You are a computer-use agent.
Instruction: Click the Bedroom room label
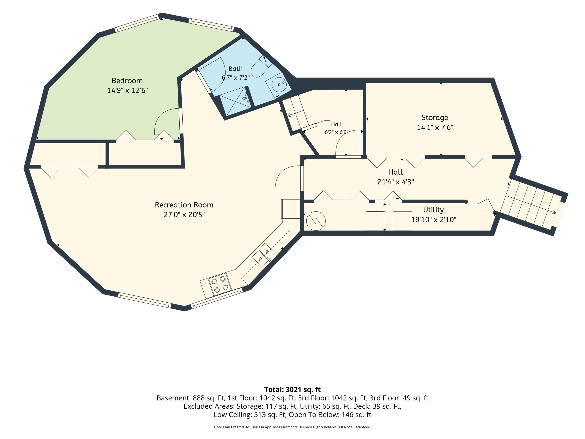click(127, 81)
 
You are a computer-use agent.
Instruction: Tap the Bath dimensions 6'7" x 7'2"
click(236, 78)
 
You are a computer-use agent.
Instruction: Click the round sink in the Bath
click(279, 84)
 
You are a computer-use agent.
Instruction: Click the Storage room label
click(435, 118)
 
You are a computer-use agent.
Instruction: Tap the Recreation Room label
click(184, 205)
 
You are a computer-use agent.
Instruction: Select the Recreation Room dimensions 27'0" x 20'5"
click(184, 215)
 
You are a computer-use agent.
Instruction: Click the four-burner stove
click(220, 284)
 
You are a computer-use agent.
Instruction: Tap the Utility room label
click(433, 210)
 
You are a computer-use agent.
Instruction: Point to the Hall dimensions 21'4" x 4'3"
click(396, 182)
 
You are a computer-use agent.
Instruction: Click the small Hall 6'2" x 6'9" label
click(336, 128)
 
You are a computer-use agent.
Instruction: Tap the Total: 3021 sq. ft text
click(292, 389)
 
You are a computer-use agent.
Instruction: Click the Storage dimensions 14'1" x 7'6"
click(435, 127)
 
